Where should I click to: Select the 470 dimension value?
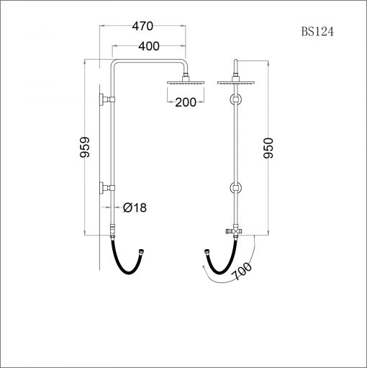(143, 27)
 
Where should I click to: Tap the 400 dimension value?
(148, 46)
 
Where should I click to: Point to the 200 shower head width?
(185, 102)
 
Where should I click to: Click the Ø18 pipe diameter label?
(135, 207)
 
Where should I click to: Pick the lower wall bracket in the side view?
(106, 188)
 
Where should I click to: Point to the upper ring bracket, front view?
(235, 99)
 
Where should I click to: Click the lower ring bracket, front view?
(235, 189)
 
